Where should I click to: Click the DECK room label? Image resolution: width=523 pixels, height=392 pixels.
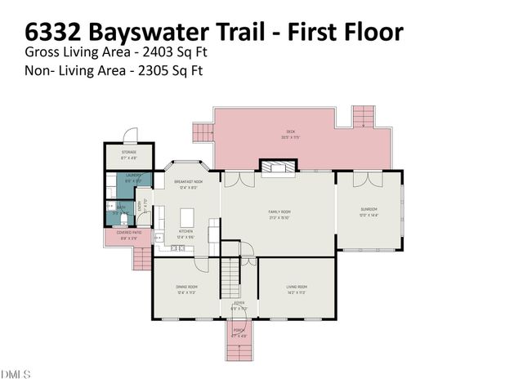[290, 131]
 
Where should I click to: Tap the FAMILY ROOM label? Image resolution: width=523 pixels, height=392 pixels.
[279, 212]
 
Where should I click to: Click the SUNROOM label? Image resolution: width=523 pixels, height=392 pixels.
[369, 209]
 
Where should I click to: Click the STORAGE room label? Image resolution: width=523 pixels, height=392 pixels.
[128, 153]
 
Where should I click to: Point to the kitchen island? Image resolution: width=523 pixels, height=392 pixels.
[187, 217]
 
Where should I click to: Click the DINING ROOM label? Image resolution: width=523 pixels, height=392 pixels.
[186, 287]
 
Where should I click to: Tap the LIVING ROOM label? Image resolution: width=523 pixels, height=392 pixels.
[296, 287]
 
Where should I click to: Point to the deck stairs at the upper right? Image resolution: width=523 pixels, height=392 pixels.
[362, 118]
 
